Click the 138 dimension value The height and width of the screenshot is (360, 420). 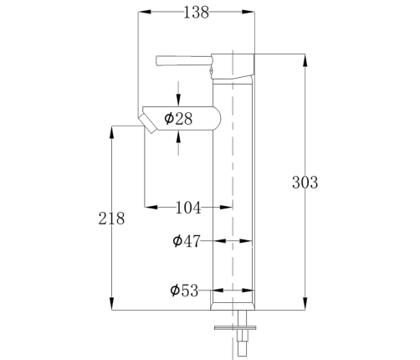pos(196,13)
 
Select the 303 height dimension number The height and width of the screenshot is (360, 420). pos(305,183)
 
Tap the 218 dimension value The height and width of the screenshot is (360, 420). pos(111,219)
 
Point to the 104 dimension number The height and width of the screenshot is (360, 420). pos(188,208)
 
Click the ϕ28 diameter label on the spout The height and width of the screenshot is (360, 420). pos(178,119)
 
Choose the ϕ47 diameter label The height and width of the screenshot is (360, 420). pos(187,241)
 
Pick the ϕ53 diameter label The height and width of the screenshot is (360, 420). pos(184,291)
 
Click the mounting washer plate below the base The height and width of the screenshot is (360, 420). pos(235,327)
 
